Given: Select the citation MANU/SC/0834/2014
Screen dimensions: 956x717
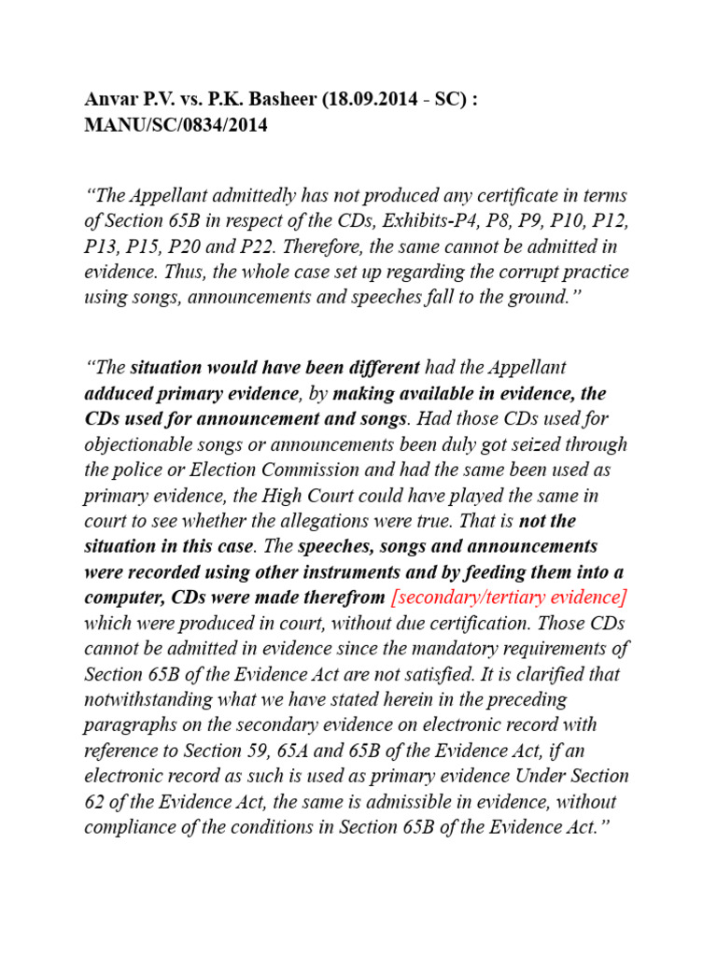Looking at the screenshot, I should [176, 125].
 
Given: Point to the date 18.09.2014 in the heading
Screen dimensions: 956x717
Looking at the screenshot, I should [369, 101].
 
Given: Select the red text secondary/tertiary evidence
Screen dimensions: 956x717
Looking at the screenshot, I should [509, 597].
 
